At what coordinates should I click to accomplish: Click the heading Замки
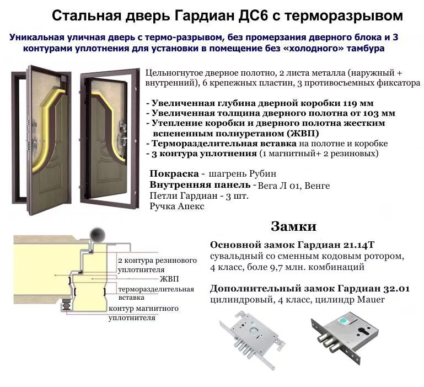293,226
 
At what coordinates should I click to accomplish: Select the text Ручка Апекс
176,206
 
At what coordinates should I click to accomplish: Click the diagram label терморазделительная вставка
156,293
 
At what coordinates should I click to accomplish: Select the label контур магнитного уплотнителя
144,312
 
